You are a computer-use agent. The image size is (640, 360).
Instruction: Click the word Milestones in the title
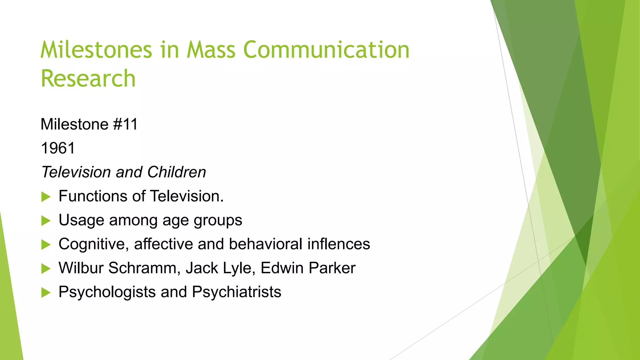click(x=96, y=50)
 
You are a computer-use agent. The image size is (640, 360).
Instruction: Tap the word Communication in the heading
click(x=326, y=50)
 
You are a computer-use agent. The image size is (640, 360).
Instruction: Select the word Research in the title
click(x=88, y=78)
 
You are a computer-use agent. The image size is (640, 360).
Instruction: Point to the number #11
click(x=125, y=124)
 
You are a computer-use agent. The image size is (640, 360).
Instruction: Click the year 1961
click(x=58, y=148)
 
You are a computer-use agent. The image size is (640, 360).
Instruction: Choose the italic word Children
click(x=177, y=172)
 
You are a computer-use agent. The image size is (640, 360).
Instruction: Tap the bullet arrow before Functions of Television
click(x=46, y=197)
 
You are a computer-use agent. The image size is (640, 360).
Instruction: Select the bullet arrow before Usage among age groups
click(x=46, y=221)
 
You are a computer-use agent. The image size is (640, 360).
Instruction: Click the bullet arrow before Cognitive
click(x=46, y=245)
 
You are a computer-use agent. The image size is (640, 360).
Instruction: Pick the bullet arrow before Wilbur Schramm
click(x=46, y=269)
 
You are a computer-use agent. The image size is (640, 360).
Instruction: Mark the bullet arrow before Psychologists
click(x=46, y=293)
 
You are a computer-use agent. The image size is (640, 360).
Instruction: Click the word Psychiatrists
click(x=237, y=292)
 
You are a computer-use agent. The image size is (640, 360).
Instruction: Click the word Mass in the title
click(x=211, y=50)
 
